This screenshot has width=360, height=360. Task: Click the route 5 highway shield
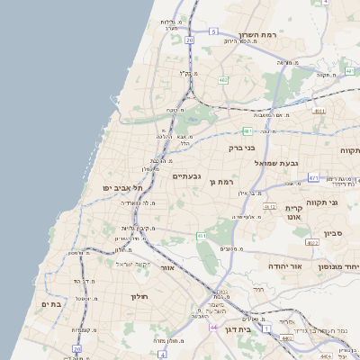click(213, 31)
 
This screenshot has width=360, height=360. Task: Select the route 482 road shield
click(222, 80)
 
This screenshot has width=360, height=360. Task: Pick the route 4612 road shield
click(269, 207)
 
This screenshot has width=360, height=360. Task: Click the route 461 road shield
click(201, 236)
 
